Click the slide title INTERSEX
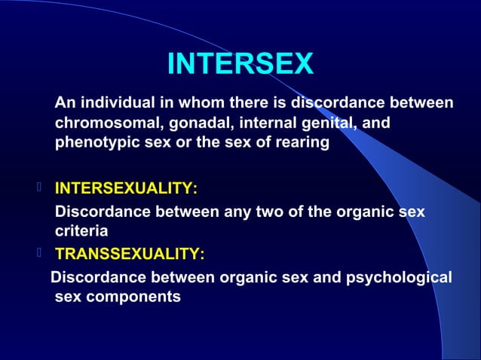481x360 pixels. [x=240, y=64]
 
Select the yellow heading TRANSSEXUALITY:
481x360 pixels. [x=129, y=254]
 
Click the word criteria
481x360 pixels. [x=81, y=230]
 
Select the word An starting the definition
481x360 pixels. [x=65, y=102]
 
